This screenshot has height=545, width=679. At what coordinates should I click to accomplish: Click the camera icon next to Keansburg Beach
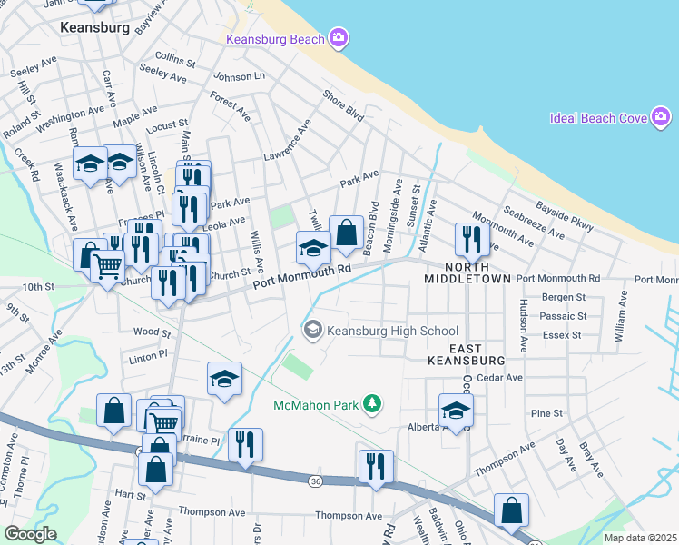[339, 38]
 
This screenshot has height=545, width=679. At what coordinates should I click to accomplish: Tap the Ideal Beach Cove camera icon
[662, 118]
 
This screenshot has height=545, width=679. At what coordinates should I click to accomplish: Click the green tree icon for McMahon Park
[370, 402]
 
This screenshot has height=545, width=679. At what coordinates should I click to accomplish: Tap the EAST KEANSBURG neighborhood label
[466, 353]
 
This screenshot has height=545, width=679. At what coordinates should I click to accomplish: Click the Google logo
[29, 534]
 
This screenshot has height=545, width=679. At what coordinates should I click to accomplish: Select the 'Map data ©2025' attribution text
[640, 538]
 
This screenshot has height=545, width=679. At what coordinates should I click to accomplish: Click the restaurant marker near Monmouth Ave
[471, 239]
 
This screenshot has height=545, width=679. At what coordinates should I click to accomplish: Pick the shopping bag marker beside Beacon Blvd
[346, 233]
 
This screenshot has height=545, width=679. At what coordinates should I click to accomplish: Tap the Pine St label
[547, 413]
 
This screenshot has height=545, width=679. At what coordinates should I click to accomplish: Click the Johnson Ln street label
[239, 77]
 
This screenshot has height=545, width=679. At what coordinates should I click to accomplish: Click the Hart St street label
[131, 495]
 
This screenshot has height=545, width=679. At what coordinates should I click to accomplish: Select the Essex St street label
[563, 335]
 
